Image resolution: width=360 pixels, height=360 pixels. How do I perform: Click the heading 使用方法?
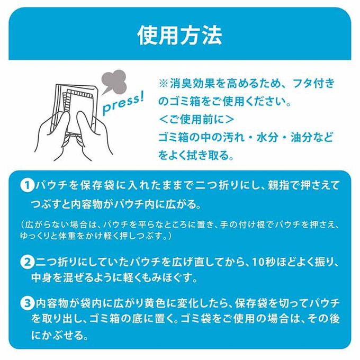(180, 35)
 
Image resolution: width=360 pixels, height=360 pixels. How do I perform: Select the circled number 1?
(28, 185)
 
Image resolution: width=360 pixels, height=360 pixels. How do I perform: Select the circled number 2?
(28, 262)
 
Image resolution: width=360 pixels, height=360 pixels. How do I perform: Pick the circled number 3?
(28, 303)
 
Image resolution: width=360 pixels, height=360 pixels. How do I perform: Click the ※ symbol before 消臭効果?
(163, 84)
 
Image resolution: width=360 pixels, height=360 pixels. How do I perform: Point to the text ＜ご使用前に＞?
(196, 120)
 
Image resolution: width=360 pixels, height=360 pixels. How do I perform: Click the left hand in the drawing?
(53, 136)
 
